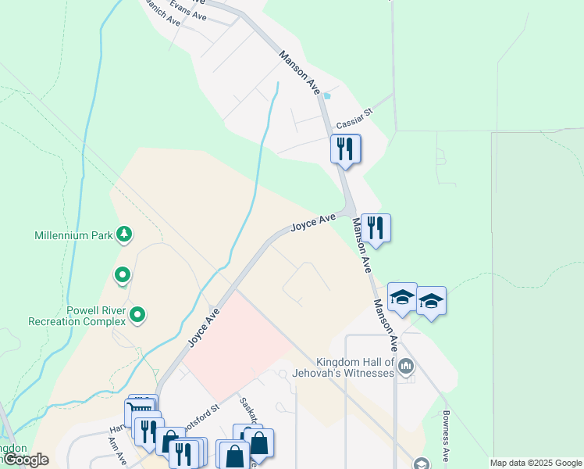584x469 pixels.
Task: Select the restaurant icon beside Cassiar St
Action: coord(345,149)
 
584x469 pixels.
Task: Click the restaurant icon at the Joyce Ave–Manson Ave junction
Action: coord(376,228)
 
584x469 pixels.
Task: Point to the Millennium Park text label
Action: coord(74,235)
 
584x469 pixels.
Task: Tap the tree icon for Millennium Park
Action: coord(123,234)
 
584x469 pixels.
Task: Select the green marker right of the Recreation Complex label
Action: coord(138,315)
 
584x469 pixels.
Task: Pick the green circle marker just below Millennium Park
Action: coord(122,275)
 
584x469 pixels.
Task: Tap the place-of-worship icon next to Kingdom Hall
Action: coord(406,365)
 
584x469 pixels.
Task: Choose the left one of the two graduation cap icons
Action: coord(402,297)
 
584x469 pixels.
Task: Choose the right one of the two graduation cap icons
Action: coord(431,301)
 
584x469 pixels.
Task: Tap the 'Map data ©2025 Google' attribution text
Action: coord(536,463)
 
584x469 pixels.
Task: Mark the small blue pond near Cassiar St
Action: coord(327,96)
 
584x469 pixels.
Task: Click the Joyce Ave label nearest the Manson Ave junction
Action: coord(313,223)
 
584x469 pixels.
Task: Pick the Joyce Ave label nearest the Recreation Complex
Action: coord(202,328)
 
